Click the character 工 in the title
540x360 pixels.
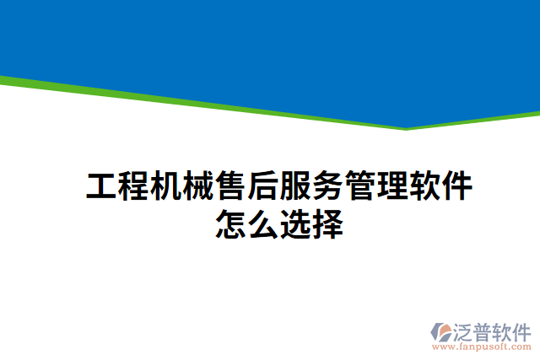point(102,186)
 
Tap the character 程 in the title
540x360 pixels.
point(134,186)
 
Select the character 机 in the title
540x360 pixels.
point(166,186)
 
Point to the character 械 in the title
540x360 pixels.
point(198,186)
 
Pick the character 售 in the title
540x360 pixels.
point(230,186)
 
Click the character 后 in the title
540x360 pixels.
point(262,186)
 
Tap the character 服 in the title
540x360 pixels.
point(294,186)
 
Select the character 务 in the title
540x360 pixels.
point(327,186)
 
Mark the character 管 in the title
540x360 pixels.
point(359,186)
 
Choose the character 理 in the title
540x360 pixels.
point(391,186)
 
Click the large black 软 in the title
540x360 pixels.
point(423,186)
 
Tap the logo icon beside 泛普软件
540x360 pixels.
point(442,331)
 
